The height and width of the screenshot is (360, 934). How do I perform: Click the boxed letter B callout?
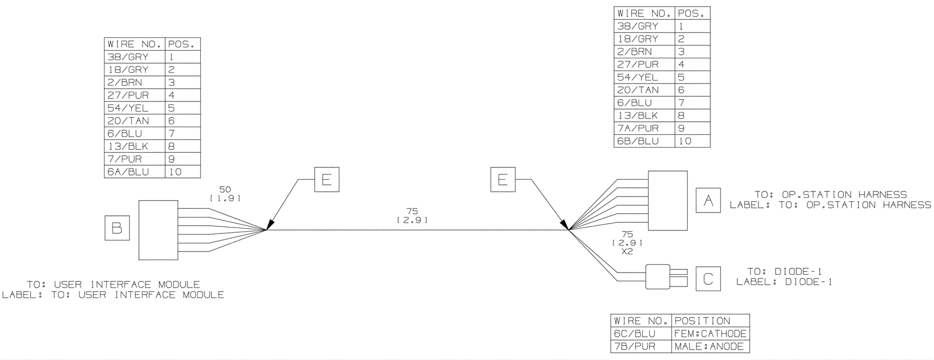[117, 228]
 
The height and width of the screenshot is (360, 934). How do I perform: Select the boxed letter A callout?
[708, 201]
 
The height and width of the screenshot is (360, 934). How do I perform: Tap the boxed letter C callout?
[708, 279]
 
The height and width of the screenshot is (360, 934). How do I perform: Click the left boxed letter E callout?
[326, 179]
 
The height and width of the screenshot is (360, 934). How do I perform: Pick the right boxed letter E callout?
[503, 179]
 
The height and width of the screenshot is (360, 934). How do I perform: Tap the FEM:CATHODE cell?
[710, 334]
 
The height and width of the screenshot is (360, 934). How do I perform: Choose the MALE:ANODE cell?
[710, 347]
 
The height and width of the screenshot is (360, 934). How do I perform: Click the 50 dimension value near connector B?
[225, 190]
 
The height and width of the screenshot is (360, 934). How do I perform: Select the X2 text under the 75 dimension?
[627, 251]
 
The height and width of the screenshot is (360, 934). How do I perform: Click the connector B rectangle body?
[158, 230]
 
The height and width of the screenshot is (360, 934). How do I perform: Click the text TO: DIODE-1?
[785, 272]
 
